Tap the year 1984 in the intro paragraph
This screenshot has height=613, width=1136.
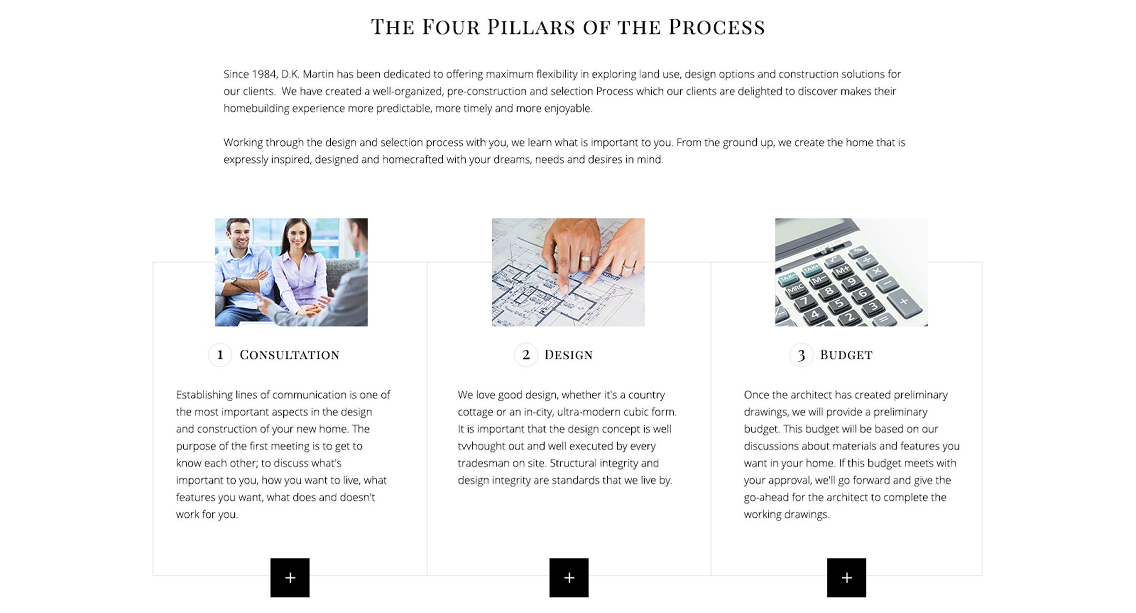[x=264, y=74]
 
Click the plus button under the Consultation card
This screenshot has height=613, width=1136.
[x=290, y=577]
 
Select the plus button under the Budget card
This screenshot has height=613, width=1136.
[x=846, y=577]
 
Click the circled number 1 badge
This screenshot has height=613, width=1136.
[x=220, y=355]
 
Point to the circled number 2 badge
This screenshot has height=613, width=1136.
[x=526, y=355]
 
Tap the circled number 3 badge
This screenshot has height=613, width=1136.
[x=801, y=355]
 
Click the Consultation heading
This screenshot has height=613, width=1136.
[x=289, y=355]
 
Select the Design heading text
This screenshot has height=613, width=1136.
[x=568, y=355]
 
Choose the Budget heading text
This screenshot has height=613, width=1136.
[x=846, y=355]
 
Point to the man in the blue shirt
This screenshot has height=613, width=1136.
[x=242, y=270]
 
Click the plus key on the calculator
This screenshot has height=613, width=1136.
[x=903, y=301]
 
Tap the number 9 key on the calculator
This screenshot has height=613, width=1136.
[x=852, y=281]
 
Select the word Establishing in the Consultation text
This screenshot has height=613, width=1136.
[x=204, y=395]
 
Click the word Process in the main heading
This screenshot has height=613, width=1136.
[x=716, y=27]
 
